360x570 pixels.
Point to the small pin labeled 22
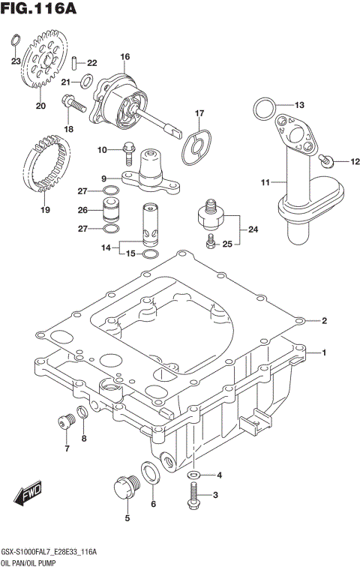coord(77,62)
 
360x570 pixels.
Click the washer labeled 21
coord(86,81)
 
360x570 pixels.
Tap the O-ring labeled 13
coord(260,109)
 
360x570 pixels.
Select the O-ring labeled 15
coord(149,254)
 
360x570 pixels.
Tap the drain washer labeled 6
coord(149,472)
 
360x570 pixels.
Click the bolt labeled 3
coord(194,493)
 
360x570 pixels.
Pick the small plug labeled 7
coord(64,421)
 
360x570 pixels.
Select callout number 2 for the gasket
coord(324,321)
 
